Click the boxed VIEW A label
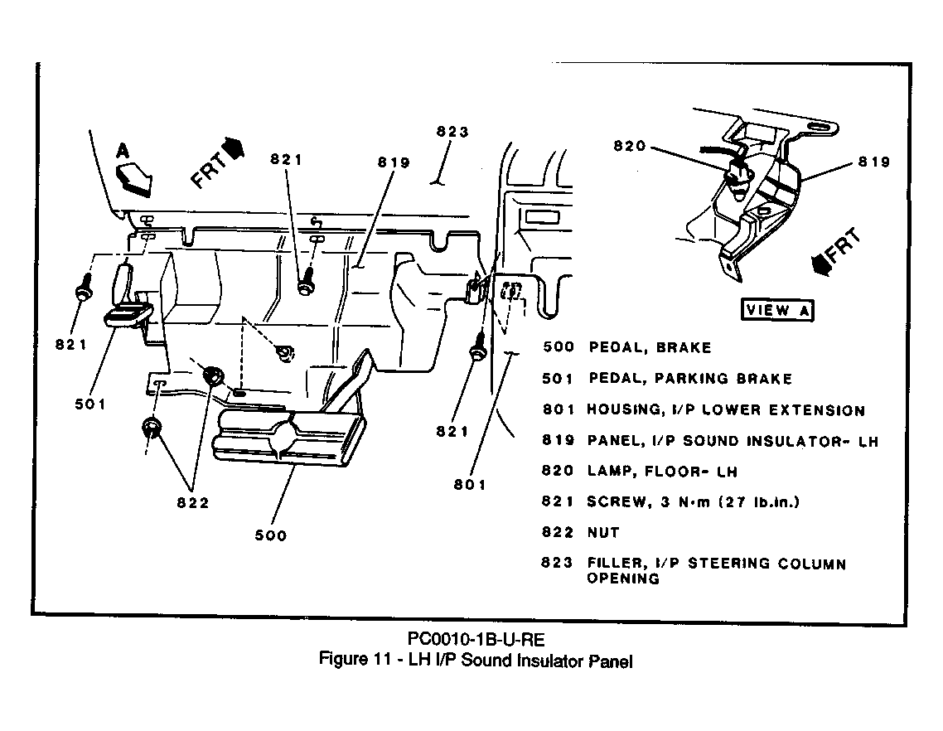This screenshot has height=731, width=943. coord(777,310)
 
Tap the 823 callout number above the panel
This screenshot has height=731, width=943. coord(452,132)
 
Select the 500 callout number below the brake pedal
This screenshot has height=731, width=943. coord(271,535)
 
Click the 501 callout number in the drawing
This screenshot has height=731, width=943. coord(90,404)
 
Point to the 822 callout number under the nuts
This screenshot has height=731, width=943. coord(193,503)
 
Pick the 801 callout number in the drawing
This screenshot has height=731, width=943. coord(470,484)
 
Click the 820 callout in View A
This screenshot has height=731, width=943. coord(630,146)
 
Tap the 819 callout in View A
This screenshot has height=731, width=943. coord(874,162)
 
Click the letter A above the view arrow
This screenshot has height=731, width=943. coord(123,150)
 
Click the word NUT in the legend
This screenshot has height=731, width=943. coord(603,532)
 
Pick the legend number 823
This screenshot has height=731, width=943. coord(557,563)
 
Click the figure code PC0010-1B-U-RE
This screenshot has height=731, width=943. coord(476,638)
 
